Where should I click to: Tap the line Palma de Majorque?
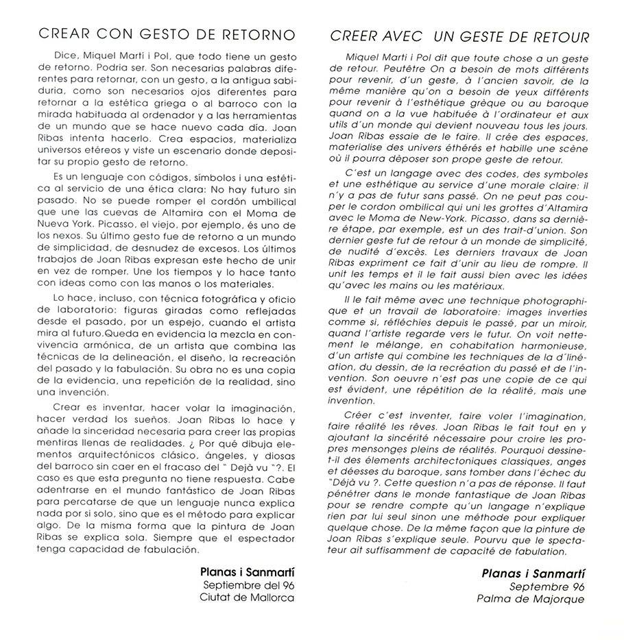531,599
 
